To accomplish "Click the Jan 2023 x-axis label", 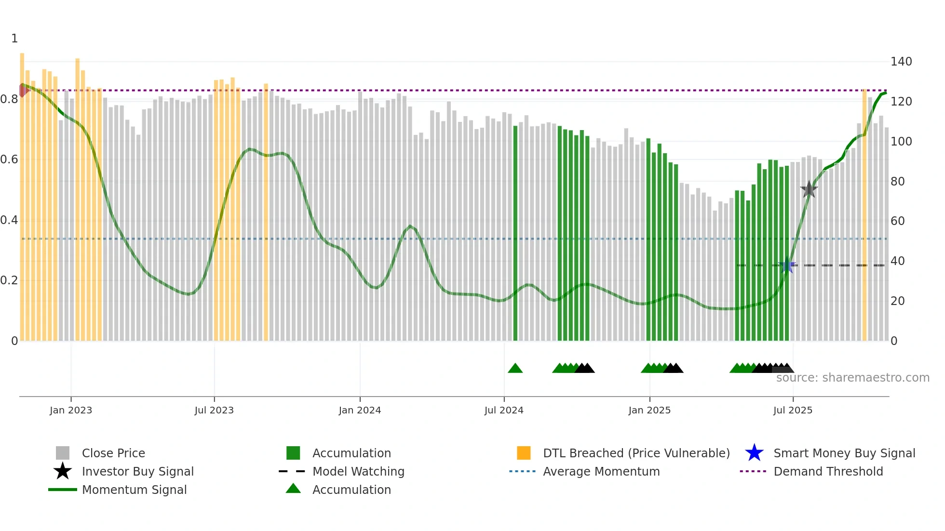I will pyautogui.click(x=71, y=410).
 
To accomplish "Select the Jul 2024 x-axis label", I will pyautogui.click(x=504, y=410).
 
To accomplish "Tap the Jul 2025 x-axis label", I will pyautogui.click(x=793, y=410).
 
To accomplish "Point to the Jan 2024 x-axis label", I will pyautogui.click(x=360, y=410).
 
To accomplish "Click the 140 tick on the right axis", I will pyautogui.click(x=901, y=62).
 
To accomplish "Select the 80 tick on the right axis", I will pyautogui.click(x=898, y=182).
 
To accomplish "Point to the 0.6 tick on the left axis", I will pyautogui.click(x=10, y=159).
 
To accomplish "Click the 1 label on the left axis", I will pyautogui.click(x=14, y=39).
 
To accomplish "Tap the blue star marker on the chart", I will pyautogui.click(x=787, y=265).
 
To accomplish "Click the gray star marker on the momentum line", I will pyautogui.click(x=809, y=189).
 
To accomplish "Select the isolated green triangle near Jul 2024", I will pyautogui.click(x=515, y=369).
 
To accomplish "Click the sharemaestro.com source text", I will pyautogui.click(x=852, y=378).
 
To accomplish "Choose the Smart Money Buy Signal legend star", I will pyautogui.click(x=754, y=453).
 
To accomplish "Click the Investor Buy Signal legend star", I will pyautogui.click(x=63, y=471).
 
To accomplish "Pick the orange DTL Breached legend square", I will pyautogui.click(x=524, y=453).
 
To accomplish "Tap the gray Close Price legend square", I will pyautogui.click(x=63, y=453).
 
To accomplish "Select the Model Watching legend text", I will pyautogui.click(x=358, y=471).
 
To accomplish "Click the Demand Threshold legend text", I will pyautogui.click(x=828, y=471).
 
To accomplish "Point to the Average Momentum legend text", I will pyautogui.click(x=601, y=471).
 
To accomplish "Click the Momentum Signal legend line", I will pyautogui.click(x=63, y=490).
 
